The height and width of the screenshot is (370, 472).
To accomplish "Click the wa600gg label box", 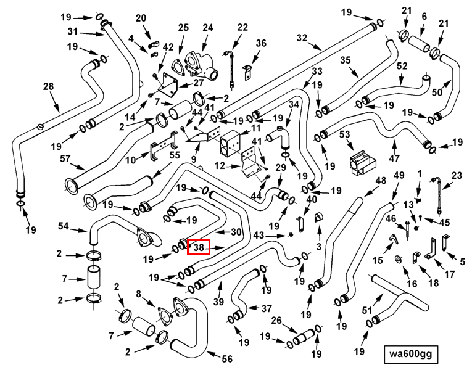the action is pyautogui.click(x=411, y=355).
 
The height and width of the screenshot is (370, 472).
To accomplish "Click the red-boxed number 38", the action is pyautogui.click(x=199, y=247).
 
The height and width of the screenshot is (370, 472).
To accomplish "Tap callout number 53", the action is pyautogui.click(x=345, y=134).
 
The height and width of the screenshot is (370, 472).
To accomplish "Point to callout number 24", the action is pyautogui.click(x=208, y=28).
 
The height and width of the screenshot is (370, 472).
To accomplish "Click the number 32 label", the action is pyautogui.click(x=302, y=38).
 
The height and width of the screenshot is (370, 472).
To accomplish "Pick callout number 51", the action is pyautogui.click(x=367, y=310).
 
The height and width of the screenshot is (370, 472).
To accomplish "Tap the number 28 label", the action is pyautogui.click(x=49, y=86).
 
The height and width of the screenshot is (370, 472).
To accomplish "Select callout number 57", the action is pyautogui.click(x=65, y=158).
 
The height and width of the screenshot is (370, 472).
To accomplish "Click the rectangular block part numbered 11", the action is pyautogui.click(x=230, y=144).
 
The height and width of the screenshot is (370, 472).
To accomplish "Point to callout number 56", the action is pyautogui.click(x=227, y=358).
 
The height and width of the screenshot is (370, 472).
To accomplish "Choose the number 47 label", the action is pyautogui.click(x=394, y=158).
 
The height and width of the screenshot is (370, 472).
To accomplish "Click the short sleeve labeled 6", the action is pyautogui.click(x=420, y=44).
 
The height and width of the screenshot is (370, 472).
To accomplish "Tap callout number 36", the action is pyautogui.click(x=261, y=43).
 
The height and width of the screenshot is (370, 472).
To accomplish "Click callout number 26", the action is pyautogui.click(x=276, y=321).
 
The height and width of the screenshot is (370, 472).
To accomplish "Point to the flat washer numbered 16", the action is pyautogui.click(x=399, y=259).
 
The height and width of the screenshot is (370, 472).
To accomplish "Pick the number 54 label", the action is pyautogui.click(x=63, y=226).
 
